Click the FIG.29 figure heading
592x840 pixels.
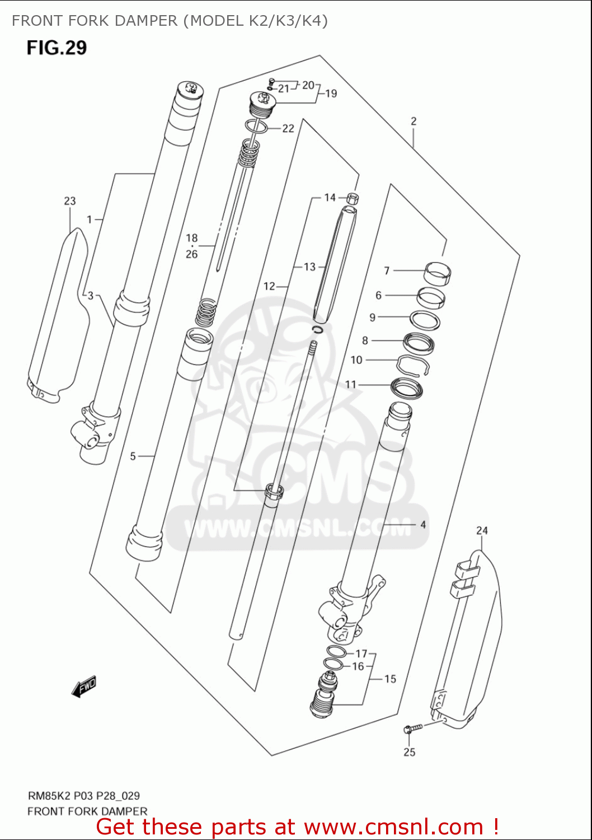57,48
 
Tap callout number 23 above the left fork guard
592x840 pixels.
69,201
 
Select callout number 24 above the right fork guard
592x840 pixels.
482,530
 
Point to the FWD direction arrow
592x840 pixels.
84,687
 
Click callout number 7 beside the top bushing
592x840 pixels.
387,270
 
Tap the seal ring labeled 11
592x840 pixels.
407,387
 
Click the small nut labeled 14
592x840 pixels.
353,198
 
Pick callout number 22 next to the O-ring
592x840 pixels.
288,128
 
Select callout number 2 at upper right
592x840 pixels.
413,121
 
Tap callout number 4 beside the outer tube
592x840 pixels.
423,525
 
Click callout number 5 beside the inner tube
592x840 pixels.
133,456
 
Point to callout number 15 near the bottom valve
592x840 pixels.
390,679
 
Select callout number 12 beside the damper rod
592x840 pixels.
269,286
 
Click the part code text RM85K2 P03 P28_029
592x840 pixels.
83,796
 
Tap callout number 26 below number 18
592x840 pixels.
191,254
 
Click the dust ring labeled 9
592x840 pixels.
425,320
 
